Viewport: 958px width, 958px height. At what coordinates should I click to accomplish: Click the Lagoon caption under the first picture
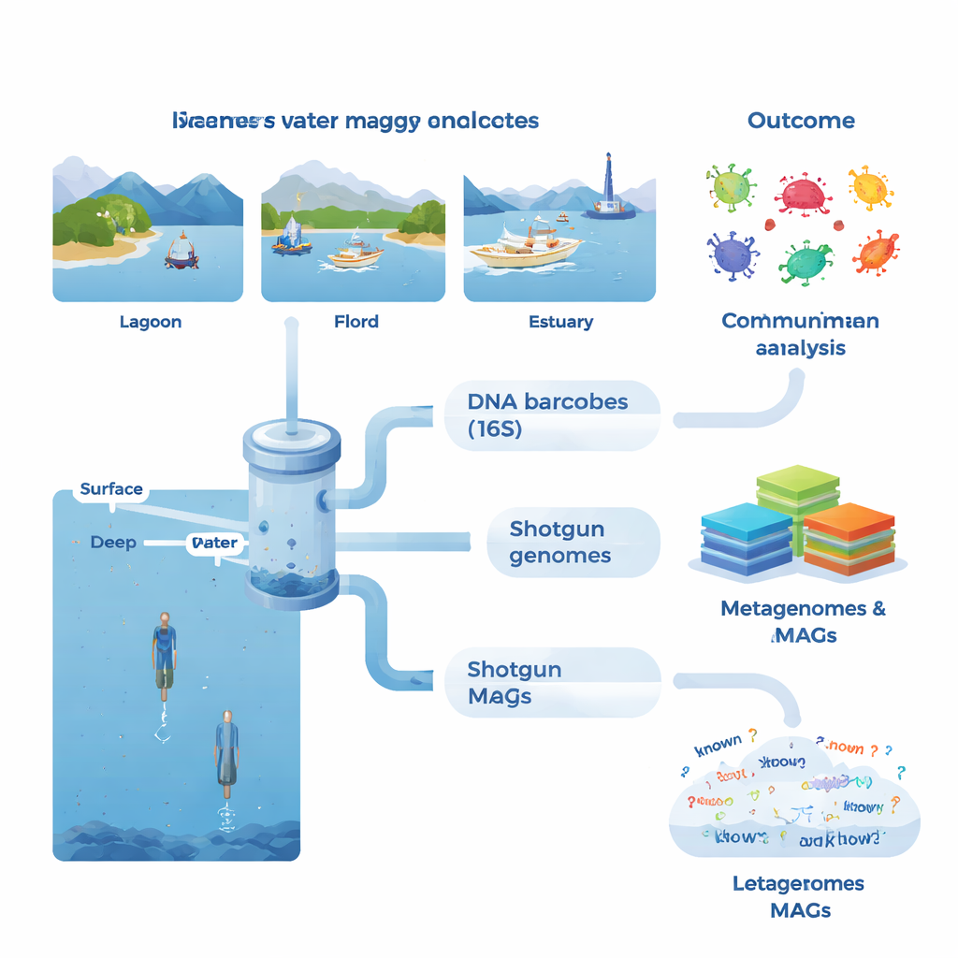point(151,322)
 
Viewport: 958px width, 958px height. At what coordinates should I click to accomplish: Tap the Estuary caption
point(560,322)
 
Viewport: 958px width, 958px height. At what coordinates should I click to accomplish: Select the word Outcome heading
point(801,121)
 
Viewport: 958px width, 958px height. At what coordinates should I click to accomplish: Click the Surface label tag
point(111,489)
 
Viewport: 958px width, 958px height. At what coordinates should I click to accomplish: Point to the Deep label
point(113,543)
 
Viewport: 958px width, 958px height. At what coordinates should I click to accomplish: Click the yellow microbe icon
point(870,187)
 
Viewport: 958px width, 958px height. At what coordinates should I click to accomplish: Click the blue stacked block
point(746,538)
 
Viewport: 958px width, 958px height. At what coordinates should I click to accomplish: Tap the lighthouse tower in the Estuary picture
point(609,182)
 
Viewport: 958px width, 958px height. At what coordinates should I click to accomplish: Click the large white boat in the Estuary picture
point(524,247)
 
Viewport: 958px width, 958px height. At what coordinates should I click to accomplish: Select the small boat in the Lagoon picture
point(181,251)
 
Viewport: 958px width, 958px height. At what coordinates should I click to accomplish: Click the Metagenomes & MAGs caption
point(803,621)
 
